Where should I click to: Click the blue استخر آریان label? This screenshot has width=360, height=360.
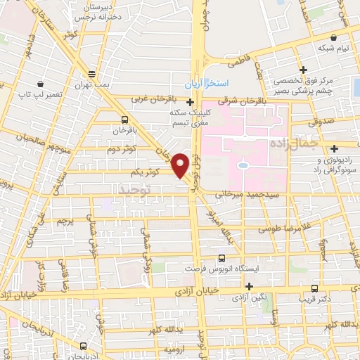coord(207,84)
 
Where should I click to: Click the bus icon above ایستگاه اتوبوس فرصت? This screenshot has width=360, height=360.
coord(222,258)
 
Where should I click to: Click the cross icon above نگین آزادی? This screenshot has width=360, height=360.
coord(249,285)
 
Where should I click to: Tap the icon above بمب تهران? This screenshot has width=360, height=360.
coord(91,74)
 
